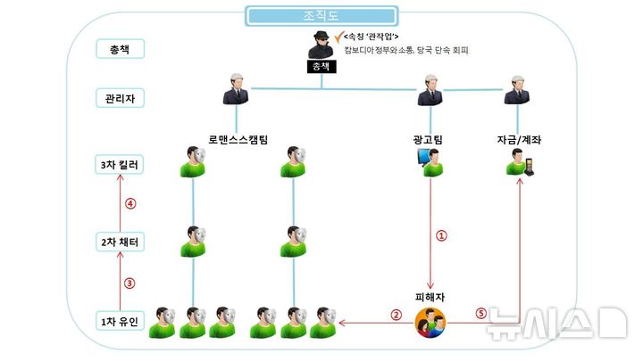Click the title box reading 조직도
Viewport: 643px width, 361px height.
321,15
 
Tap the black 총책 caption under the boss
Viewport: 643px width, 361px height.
320,67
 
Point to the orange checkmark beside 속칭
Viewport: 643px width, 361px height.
337,35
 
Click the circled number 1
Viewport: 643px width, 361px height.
439,236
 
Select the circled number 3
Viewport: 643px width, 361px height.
129,283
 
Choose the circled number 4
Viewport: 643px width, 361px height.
129,203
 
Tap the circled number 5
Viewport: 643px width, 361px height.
480,314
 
